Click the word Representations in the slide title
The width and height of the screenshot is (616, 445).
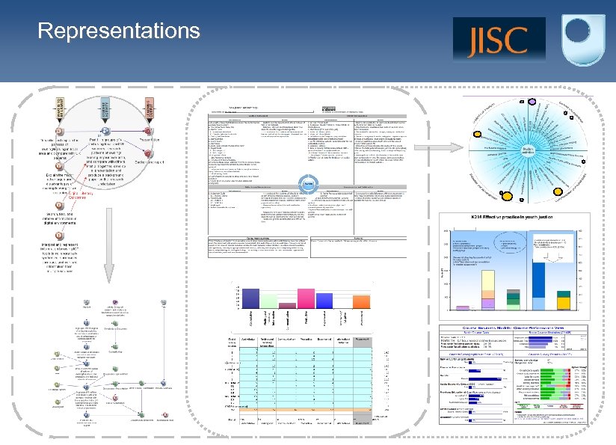point(119,31)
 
